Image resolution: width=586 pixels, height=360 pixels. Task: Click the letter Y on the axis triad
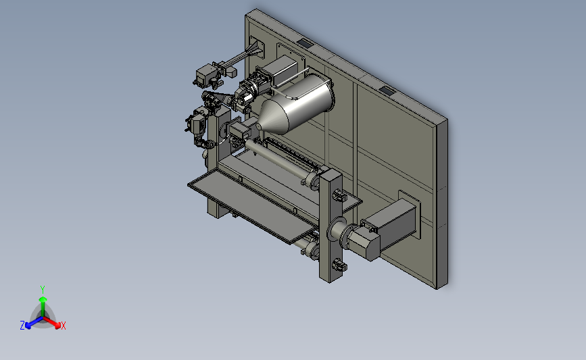click(42, 290)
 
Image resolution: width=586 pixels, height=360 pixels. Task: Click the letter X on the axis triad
click(63, 326)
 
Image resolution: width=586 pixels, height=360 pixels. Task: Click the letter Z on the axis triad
click(22, 326)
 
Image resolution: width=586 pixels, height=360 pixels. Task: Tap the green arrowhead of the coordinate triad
click(43, 299)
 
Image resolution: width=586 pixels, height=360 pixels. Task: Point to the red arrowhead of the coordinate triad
click(57, 326)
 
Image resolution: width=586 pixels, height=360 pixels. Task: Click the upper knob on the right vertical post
click(338, 195)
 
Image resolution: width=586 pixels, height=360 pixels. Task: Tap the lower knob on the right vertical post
click(339, 265)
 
